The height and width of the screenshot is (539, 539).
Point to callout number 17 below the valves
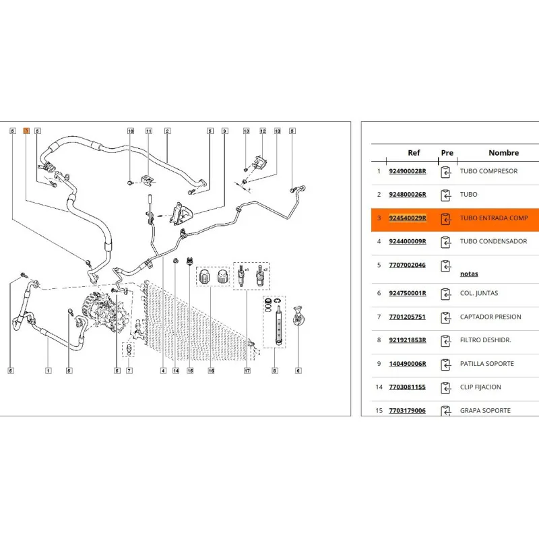[247, 370]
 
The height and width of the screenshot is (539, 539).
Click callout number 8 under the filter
[275, 370]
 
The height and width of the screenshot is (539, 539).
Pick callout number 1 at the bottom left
[49, 370]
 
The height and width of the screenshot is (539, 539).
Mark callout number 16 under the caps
[210, 370]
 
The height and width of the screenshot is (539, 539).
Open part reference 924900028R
[408, 171]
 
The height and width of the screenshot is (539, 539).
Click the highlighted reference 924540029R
[408, 218]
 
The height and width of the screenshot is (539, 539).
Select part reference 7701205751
[408, 317]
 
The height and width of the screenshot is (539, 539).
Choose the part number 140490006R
[408, 364]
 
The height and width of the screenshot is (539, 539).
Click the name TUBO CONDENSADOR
[493, 241]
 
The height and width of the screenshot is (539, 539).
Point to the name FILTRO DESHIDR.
[485, 340]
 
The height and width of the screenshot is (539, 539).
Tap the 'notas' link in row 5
[469, 274]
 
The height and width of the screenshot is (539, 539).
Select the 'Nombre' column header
[503, 153]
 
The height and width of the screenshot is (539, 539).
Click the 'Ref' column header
[414, 153]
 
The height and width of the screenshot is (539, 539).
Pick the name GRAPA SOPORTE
[485, 410]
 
